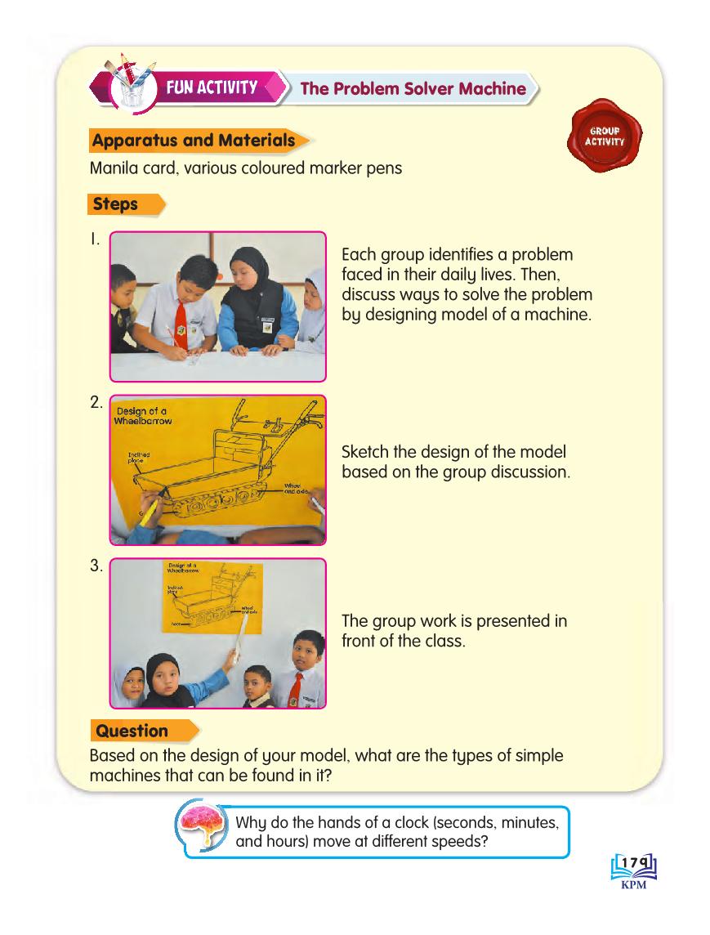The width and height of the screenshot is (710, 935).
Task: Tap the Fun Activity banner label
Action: coord(212,87)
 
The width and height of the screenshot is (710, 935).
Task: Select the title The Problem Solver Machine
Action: coord(413,88)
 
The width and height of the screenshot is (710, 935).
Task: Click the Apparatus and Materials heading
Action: coord(194,141)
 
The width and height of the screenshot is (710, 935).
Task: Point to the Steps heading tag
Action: coord(116,204)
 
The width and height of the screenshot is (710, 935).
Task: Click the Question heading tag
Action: coord(132,731)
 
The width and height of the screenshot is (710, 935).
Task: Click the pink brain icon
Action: coord(204,827)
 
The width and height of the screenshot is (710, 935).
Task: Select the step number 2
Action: coord(96,402)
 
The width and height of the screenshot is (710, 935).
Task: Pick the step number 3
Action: coord(96,566)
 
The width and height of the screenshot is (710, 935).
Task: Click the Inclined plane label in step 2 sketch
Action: coord(139,457)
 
